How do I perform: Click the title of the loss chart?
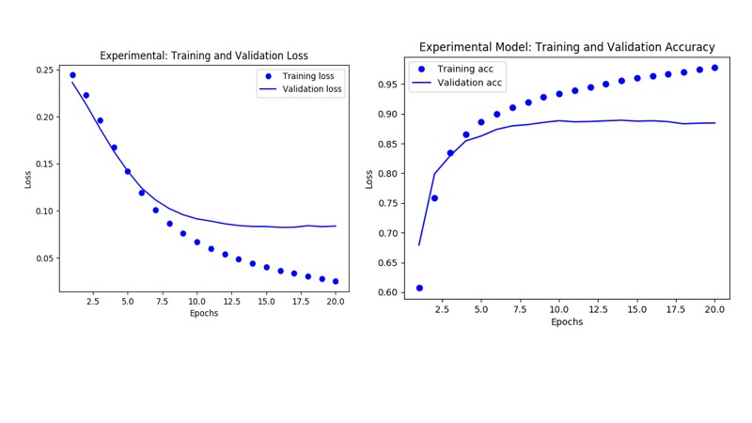204,56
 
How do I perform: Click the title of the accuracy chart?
567,47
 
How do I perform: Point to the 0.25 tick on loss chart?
44,70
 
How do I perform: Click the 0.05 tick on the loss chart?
44,258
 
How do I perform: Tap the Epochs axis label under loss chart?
203,313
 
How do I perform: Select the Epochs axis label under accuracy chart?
567,321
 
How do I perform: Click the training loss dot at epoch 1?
72,75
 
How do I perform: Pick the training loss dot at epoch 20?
336,281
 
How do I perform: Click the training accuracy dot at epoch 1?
419,288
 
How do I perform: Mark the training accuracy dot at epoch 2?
434,198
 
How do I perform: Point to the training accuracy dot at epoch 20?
714,68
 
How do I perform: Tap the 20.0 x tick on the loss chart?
336,302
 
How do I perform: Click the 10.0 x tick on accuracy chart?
559,308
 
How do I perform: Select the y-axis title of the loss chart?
28,179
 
